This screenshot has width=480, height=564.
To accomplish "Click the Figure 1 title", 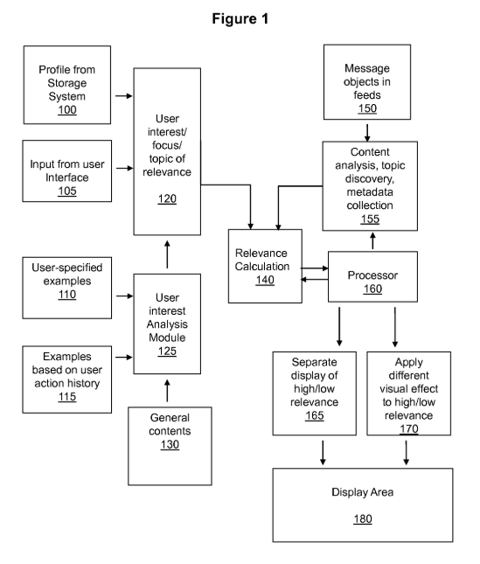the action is point(240,18).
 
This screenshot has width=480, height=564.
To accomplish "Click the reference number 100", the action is point(67,109).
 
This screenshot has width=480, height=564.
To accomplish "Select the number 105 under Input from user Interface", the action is point(67,191).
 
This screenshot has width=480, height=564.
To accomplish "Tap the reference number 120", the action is point(167,198).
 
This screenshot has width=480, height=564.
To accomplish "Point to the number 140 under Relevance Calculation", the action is point(265,280).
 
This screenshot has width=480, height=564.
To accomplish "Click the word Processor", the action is point(372,275).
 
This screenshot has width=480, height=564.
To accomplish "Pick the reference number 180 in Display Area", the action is point(363,519).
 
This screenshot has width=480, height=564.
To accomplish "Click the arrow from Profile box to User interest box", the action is point(124,96).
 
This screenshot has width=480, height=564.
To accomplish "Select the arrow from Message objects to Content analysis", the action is point(367,133).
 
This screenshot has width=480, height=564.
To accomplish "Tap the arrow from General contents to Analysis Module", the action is point(167,391).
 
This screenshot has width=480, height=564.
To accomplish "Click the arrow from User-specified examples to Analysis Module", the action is point(124,296).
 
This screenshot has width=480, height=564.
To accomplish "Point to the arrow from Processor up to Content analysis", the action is point(372,240).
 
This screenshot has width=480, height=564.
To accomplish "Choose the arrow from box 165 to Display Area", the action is point(323,452).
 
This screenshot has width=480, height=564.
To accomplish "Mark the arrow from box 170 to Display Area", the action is point(407,452).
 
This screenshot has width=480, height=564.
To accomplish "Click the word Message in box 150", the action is point(367,68).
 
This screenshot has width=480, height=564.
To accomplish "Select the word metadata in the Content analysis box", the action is point(370,192).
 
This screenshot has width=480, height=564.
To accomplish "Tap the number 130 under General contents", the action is point(170,444).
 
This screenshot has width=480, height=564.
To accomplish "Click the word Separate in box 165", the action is point(314,362).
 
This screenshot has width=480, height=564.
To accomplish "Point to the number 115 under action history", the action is point(67,397).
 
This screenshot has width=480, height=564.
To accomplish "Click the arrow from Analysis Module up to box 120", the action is point(167,254).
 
